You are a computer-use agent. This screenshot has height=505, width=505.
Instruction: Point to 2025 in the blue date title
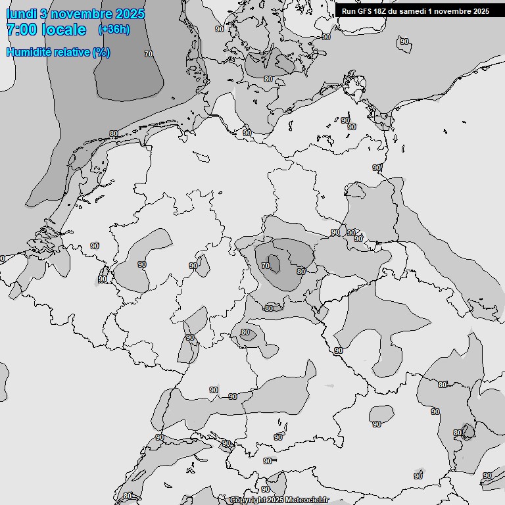tap(130, 14)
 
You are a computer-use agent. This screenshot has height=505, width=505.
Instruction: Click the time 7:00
tap(22, 30)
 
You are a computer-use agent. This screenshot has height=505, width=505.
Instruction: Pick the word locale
tap(64, 30)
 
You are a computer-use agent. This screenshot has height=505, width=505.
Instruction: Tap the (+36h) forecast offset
tap(114, 30)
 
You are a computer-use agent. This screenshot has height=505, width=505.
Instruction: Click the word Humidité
tap(29, 52)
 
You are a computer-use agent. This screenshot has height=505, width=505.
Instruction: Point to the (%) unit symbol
tap(101, 52)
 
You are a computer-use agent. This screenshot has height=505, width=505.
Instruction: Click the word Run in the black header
tap(349, 11)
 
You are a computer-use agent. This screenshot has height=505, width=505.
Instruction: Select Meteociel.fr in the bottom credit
tap(306, 500)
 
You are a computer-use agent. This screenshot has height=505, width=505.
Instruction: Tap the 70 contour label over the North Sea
tap(149, 54)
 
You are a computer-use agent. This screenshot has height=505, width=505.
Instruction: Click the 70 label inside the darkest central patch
tap(265, 266)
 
